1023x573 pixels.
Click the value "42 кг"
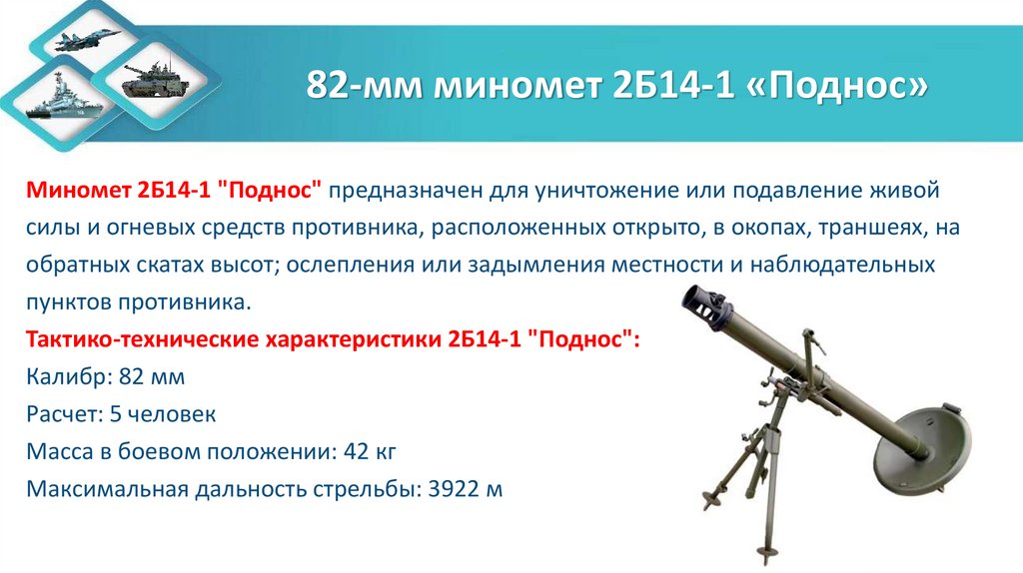(370, 452)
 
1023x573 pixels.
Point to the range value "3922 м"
(464, 490)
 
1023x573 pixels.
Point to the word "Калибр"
(65, 378)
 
